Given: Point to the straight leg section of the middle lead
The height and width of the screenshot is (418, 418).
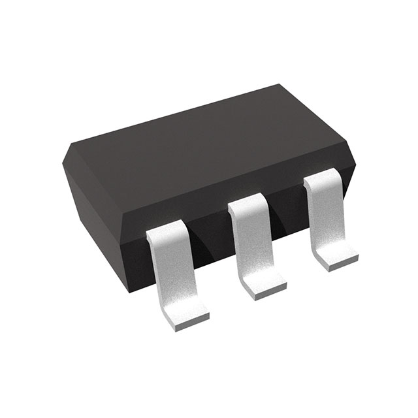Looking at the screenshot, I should [251, 245].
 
